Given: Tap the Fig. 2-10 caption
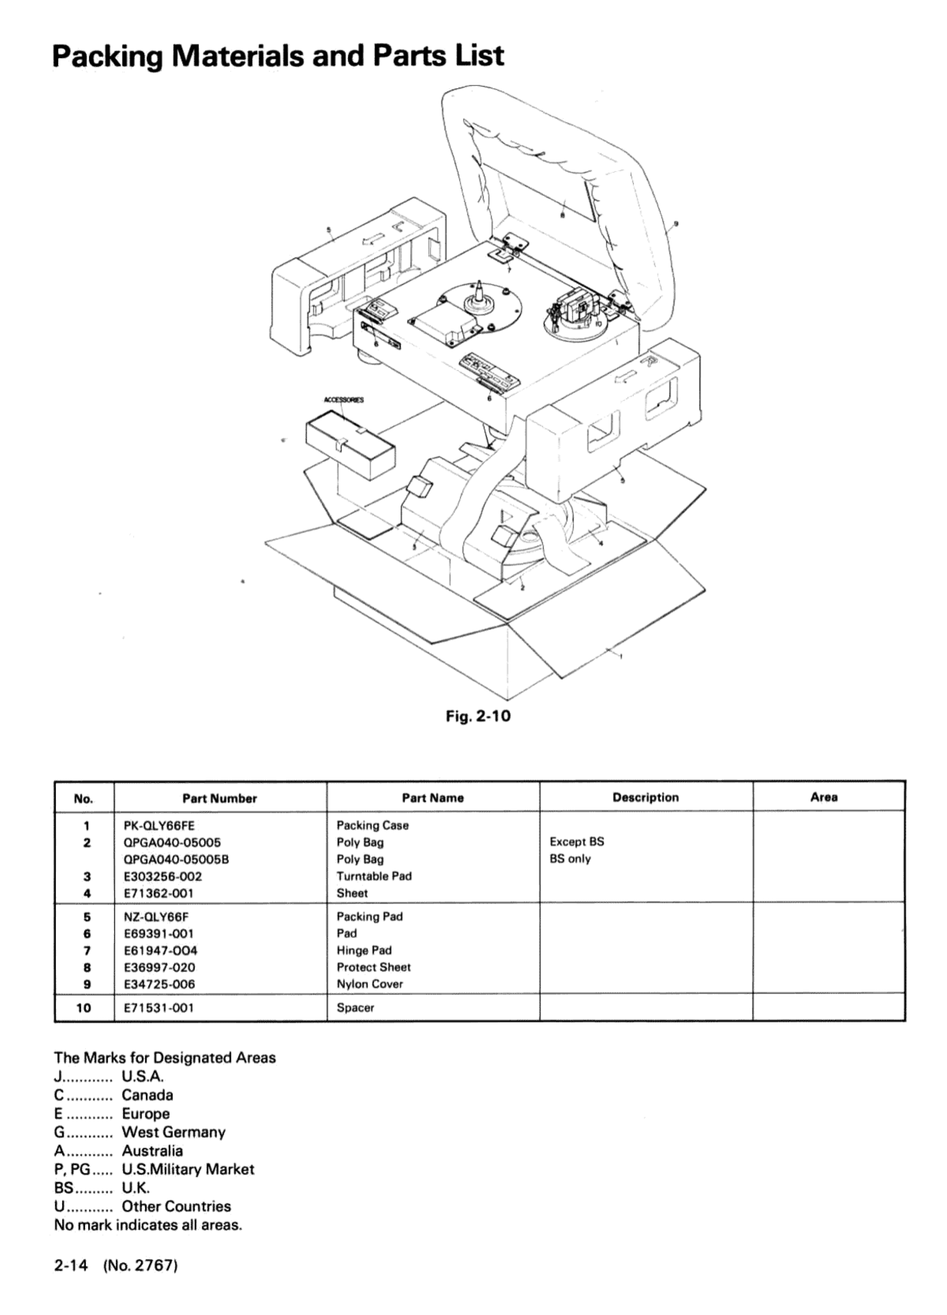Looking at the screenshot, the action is [x=478, y=716].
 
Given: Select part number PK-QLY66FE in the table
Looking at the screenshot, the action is [x=159, y=825].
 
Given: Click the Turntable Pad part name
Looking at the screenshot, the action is [x=374, y=876].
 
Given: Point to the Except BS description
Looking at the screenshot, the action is [x=576, y=842].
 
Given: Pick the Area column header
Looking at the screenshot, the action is [x=823, y=797].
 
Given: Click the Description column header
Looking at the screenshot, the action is [x=646, y=797].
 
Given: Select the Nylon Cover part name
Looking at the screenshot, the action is [x=370, y=984].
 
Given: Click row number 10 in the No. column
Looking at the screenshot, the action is [x=84, y=1008].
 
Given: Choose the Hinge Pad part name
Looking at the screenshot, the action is [x=364, y=950].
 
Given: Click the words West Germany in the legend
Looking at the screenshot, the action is [x=173, y=1132].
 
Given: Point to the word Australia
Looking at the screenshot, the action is [x=152, y=1151].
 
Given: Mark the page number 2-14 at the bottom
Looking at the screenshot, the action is [x=71, y=1265].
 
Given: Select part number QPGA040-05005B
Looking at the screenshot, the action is [x=176, y=859].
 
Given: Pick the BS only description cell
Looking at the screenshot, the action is [x=570, y=859].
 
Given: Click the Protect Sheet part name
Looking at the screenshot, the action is [x=373, y=967].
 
